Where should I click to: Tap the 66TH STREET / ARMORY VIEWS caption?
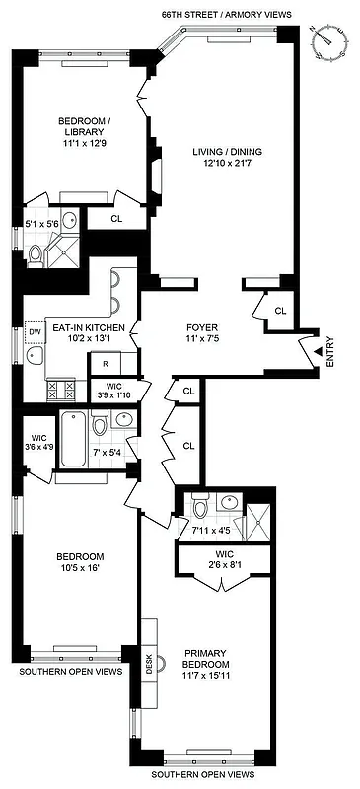coord(234,15)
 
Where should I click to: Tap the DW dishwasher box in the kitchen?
coord(33,332)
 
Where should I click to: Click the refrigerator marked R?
coord(105,364)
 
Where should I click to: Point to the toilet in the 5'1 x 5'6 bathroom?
coord(36,254)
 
